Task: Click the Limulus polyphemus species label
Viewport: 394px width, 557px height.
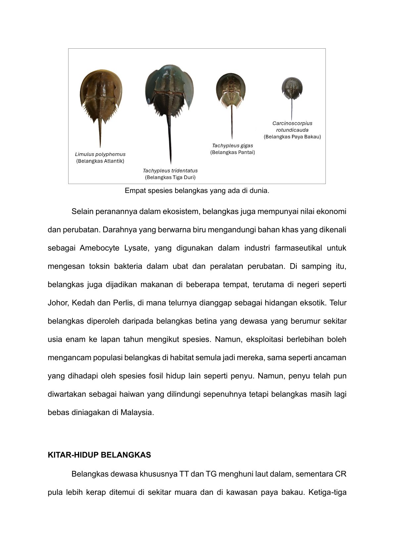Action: pyautogui.click(x=100, y=154)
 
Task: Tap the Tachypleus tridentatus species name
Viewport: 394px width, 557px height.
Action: pyautogui.click(x=170, y=171)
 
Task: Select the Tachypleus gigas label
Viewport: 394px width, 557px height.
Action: pyautogui.click(x=232, y=146)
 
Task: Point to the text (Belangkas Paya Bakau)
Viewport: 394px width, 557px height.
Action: pyautogui.click(x=292, y=136)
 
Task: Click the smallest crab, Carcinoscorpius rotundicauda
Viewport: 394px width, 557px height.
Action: pyautogui.click(x=292, y=88)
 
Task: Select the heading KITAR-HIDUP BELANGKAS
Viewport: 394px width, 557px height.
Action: pyautogui.click(x=99, y=455)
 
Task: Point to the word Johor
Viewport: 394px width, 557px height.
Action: pyautogui.click(x=58, y=303)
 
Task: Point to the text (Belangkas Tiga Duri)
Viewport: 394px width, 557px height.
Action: pyautogui.click(x=170, y=177)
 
